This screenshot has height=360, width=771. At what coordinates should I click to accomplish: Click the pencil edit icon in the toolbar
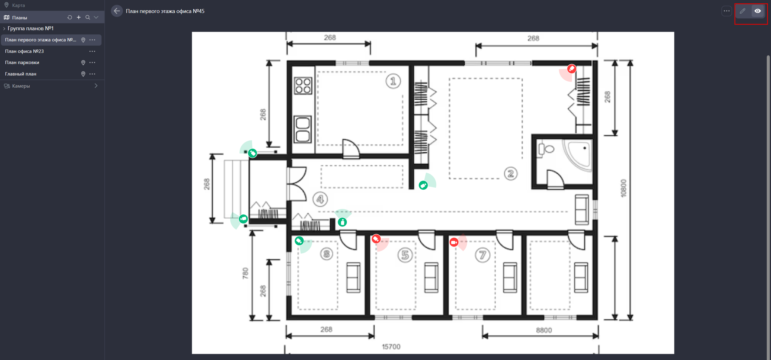(742, 11)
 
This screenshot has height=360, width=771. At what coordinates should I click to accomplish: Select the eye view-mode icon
(757, 11)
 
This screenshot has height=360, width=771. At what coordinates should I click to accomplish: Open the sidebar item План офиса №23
(24, 51)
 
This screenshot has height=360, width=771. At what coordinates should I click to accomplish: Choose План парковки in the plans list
(22, 63)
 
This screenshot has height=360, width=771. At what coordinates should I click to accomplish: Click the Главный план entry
(21, 74)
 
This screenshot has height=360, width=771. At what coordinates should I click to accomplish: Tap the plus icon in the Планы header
(79, 18)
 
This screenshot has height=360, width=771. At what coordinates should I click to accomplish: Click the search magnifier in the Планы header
(88, 18)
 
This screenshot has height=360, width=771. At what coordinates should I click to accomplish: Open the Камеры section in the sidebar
(21, 86)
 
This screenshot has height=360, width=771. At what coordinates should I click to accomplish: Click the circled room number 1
(393, 81)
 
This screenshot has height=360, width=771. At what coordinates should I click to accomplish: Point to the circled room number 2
(511, 174)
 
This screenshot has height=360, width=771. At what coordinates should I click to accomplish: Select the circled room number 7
(482, 255)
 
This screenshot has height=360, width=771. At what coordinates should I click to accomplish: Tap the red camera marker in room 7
(454, 242)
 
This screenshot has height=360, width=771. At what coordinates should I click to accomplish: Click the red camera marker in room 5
(376, 239)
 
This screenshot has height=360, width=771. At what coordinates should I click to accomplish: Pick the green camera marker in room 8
(299, 241)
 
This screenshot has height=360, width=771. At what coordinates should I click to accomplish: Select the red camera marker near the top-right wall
(571, 69)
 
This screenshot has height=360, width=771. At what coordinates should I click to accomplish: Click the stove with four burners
(303, 86)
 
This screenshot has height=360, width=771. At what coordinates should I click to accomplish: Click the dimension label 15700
(391, 347)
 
